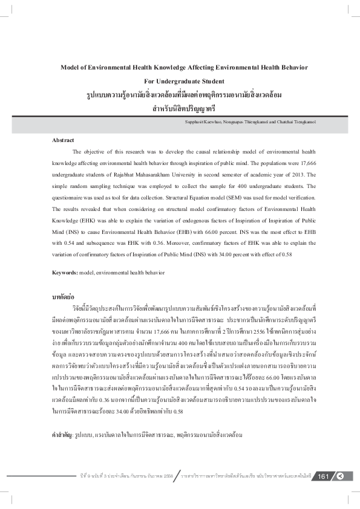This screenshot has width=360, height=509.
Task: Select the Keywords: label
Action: [65, 273]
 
